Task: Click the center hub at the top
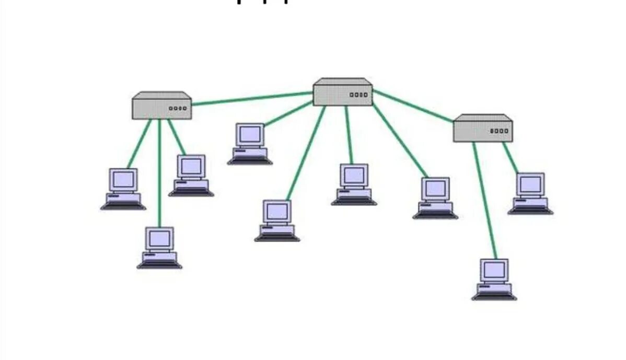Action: (342, 93)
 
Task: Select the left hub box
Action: (161, 106)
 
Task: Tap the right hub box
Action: (482, 129)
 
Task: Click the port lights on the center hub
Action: (358, 95)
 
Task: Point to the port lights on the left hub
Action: (178, 109)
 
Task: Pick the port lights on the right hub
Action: (499, 131)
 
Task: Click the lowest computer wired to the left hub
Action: (159, 248)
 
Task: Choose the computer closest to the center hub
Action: (250, 144)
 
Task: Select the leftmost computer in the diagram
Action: (123, 189)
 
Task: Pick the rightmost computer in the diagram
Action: (530, 193)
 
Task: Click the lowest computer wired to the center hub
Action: (277, 220)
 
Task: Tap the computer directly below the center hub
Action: (354, 184)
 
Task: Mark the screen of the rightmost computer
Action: (530, 183)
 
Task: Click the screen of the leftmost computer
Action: (124, 179)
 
